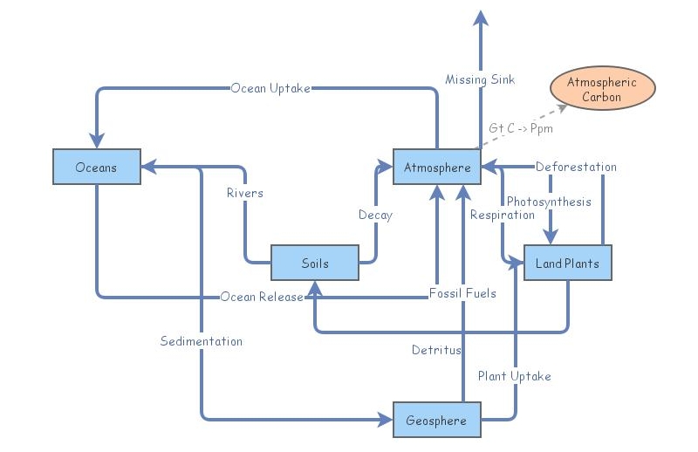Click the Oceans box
97,167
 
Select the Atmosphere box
436,167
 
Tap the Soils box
315,263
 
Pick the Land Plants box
567,263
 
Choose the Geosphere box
436,421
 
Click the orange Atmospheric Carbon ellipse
602,89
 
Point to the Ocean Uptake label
270,88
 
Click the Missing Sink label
480,79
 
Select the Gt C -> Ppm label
521,127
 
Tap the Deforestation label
576,167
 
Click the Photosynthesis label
549,202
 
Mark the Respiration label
502,215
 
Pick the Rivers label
244,193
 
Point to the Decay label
375,215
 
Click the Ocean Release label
262,297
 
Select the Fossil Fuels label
462,293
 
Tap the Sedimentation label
202,341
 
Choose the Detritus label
436,350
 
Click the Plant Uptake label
515,376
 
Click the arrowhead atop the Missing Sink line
480,17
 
